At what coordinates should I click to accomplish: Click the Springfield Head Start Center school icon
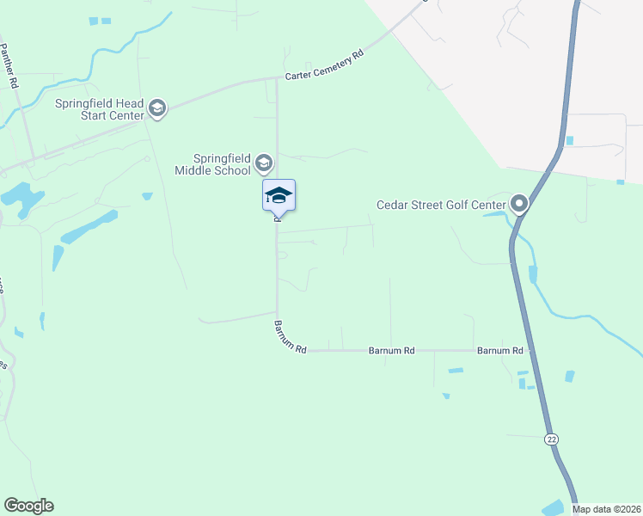point(156,108)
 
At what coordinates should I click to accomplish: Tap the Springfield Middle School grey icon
point(264,163)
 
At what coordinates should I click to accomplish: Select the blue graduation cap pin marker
point(279,195)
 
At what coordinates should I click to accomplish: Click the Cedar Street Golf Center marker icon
point(519,204)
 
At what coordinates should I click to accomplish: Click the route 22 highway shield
point(551,439)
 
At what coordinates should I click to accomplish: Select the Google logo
point(28,506)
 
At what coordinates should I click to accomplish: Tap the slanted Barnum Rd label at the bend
point(290,338)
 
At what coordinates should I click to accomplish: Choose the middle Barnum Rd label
point(391,351)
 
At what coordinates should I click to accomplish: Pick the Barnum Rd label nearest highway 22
point(500,351)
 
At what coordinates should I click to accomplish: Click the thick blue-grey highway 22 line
point(525,310)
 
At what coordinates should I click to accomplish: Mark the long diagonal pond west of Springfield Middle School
point(89,226)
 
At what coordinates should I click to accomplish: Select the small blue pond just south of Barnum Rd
point(455,371)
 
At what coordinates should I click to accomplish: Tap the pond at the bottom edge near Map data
point(553,508)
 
